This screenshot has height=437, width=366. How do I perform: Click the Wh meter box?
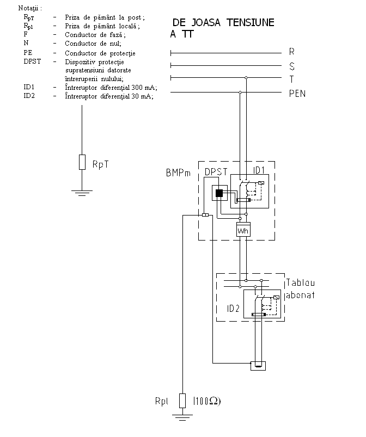[x=242, y=230]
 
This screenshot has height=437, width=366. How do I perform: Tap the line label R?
[x=292, y=53]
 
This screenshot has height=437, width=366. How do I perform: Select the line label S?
[x=292, y=66]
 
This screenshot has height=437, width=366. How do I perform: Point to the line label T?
[x=292, y=79]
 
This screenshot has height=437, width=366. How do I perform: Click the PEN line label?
[x=297, y=94]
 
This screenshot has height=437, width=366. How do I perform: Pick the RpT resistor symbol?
[x=82, y=162]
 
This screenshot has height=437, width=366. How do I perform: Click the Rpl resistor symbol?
[x=182, y=402]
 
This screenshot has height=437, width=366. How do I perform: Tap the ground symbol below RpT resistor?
[x=82, y=192]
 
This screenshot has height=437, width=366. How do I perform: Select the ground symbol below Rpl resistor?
[x=182, y=417]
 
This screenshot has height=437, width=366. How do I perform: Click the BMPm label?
[x=178, y=173]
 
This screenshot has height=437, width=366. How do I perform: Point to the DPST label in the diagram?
[x=216, y=173]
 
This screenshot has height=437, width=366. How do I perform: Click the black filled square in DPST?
[x=219, y=193]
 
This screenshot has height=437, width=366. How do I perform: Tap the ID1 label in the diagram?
[x=259, y=170]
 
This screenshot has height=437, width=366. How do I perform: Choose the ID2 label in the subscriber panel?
[x=234, y=309]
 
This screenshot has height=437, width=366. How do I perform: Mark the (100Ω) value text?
[x=207, y=402]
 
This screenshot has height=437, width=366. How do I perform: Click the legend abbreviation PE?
[x=28, y=53]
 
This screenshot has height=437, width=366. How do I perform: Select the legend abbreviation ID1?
[x=29, y=87]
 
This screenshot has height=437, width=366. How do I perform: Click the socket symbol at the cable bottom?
[x=257, y=366]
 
